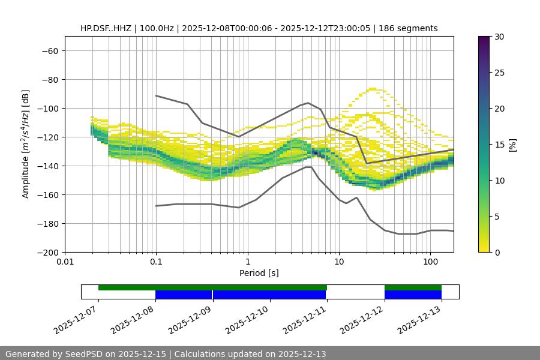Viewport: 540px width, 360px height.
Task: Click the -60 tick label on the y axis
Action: pyautogui.click(x=49, y=51)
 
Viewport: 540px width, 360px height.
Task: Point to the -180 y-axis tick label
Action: pyautogui.click(x=47, y=224)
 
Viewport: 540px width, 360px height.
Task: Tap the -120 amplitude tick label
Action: pyautogui.click(x=47, y=137)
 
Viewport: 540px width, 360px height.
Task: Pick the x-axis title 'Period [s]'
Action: pyautogui.click(x=259, y=273)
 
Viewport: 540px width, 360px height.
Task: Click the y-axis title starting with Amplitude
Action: pyautogui.click(x=26, y=144)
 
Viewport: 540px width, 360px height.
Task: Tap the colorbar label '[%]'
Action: pyautogui.click(x=512, y=145)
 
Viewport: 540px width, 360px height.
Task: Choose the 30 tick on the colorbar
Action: pyautogui.click(x=499, y=37)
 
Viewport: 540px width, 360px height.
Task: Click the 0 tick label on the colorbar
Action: pyautogui.click(x=497, y=253)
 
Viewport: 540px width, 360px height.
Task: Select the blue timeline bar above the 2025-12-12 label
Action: pyautogui.click(x=413, y=295)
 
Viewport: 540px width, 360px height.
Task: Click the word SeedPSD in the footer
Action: pyautogui.click(x=84, y=354)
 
